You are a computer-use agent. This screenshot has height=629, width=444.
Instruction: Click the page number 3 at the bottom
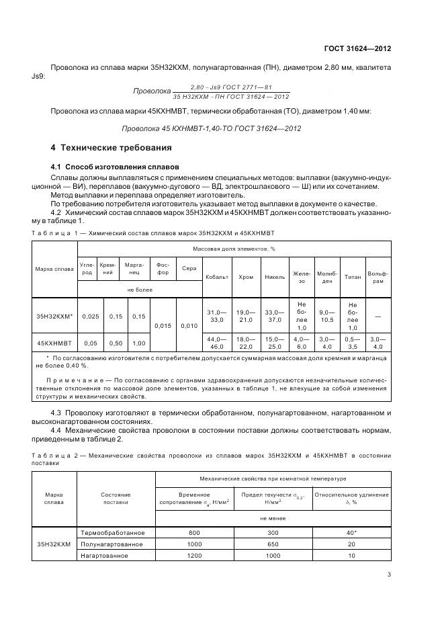[389, 574]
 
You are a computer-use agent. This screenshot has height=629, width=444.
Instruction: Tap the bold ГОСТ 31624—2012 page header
[355, 49]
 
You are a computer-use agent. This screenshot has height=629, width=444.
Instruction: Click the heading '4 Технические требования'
[112, 147]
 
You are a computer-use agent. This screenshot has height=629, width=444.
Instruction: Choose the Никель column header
[275, 277]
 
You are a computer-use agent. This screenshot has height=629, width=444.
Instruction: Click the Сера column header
[189, 269]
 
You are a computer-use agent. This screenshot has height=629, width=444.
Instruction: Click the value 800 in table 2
[195, 532]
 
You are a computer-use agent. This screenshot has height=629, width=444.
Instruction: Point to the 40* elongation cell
[350, 532]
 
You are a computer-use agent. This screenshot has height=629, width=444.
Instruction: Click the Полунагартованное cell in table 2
[112, 544]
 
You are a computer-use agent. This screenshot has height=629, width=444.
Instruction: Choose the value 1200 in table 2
[195, 556]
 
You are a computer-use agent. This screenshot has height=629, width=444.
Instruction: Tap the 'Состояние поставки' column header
[116, 499]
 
